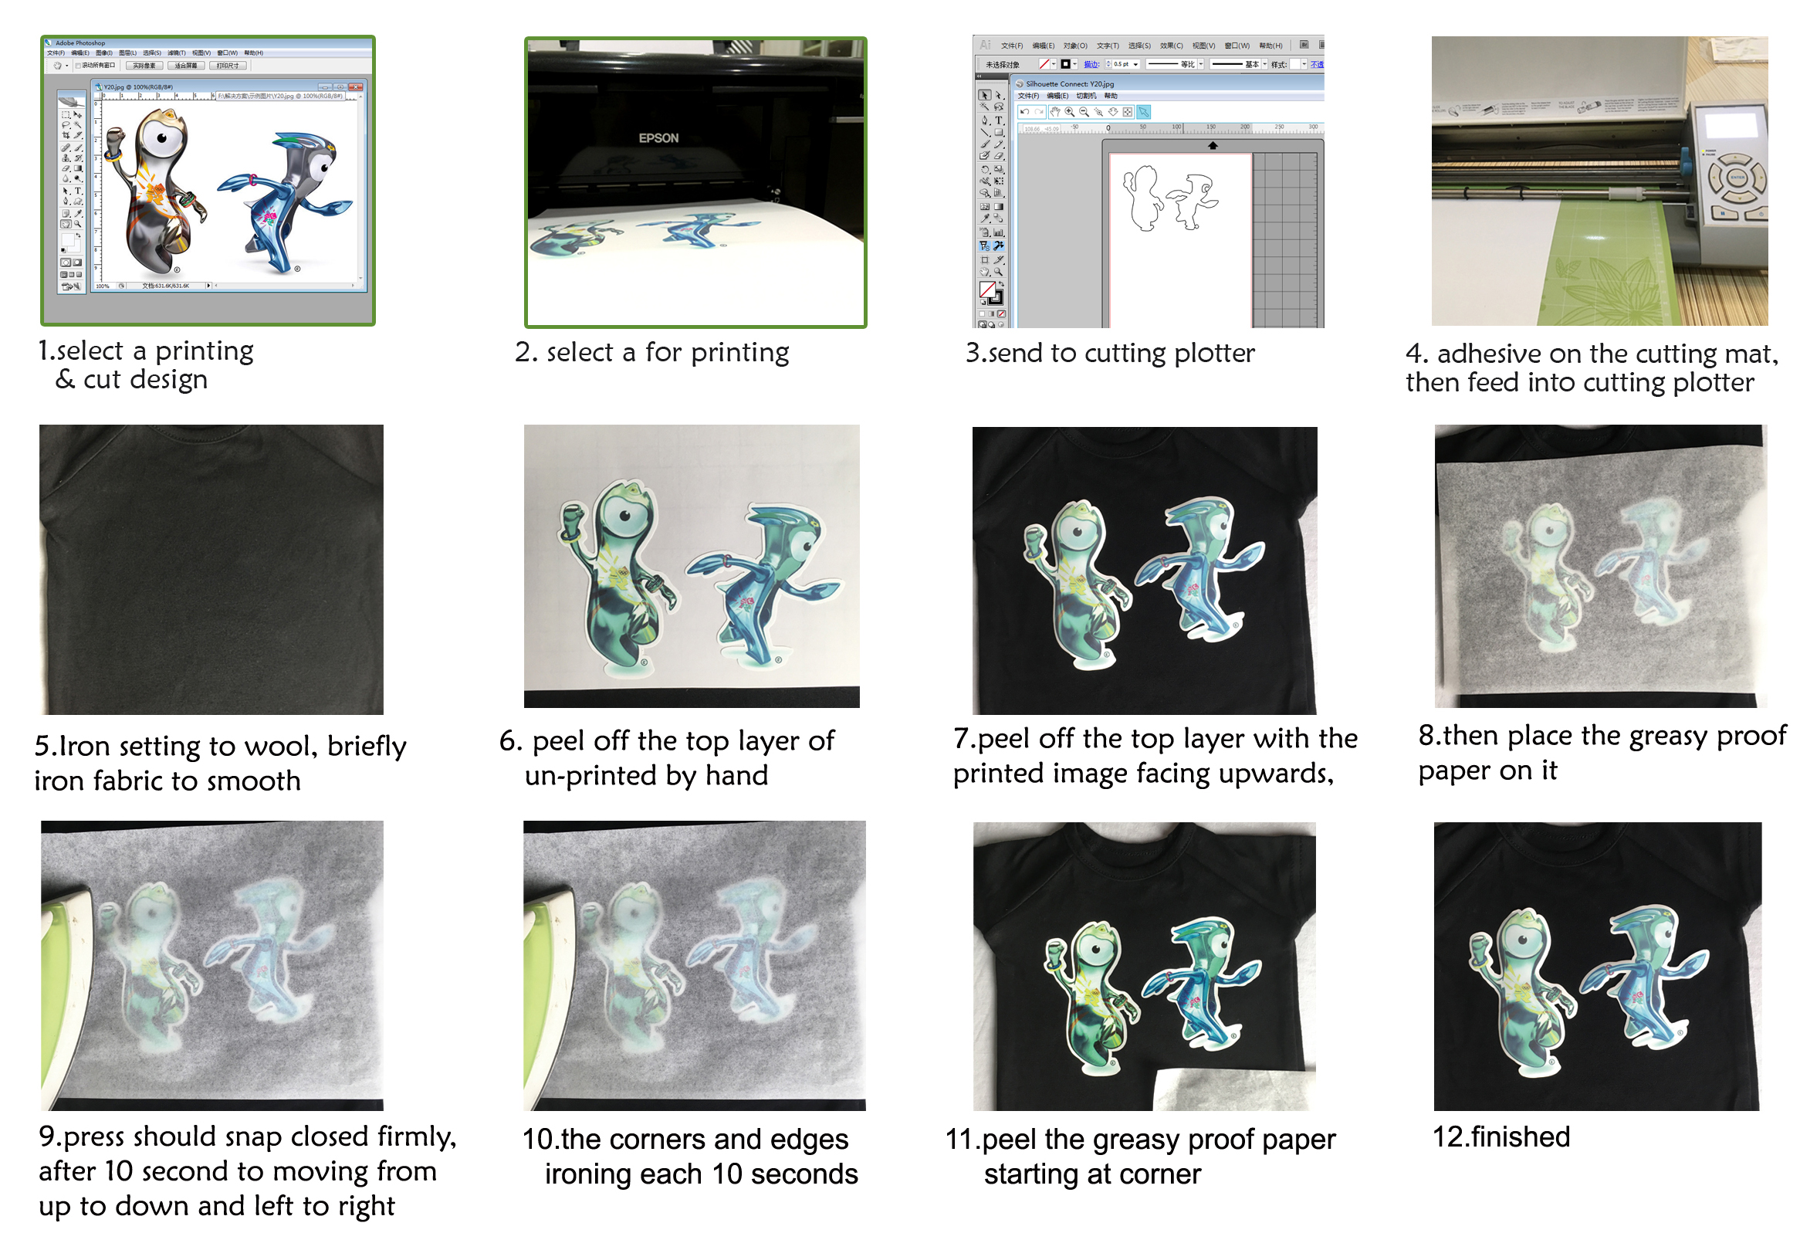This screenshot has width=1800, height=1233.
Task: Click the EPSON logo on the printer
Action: [658, 138]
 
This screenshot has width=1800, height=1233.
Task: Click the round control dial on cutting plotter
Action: [1737, 178]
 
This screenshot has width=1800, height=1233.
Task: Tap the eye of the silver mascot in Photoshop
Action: [162, 139]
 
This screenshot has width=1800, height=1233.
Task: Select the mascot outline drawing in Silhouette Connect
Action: [1169, 199]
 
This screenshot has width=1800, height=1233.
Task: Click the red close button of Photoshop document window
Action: [356, 86]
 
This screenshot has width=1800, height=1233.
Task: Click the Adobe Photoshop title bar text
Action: [80, 43]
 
